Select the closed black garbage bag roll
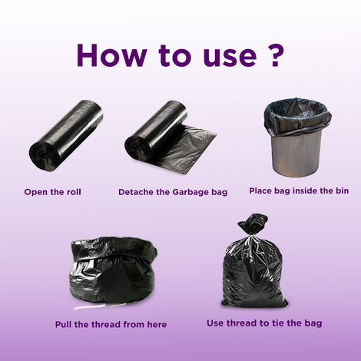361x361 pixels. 67,137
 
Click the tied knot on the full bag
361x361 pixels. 253,224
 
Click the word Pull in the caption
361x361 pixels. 64,324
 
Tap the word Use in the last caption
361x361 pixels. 215,323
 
